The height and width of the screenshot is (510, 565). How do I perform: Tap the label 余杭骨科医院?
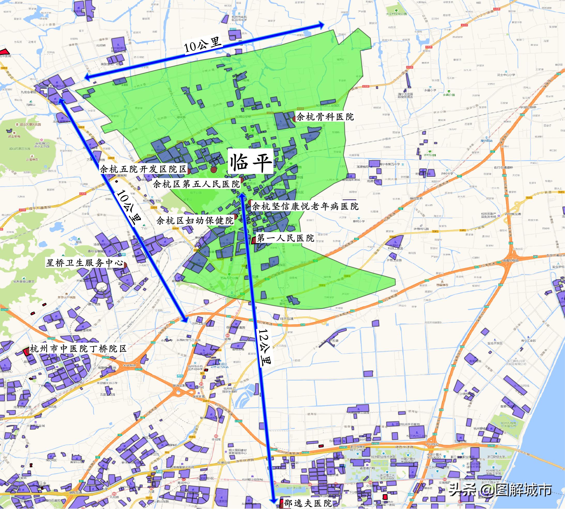[325, 117]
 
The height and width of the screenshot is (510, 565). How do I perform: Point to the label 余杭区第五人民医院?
[196, 184]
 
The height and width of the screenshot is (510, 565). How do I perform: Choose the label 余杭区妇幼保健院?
[195, 221]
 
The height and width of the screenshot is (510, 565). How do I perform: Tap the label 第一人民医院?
[285, 238]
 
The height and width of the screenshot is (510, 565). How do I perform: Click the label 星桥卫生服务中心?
[84, 262]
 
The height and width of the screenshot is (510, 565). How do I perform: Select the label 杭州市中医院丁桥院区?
[78, 349]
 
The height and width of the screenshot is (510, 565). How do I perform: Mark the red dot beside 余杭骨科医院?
[294, 119]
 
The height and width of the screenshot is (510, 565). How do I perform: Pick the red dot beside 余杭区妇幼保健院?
[236, 216]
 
